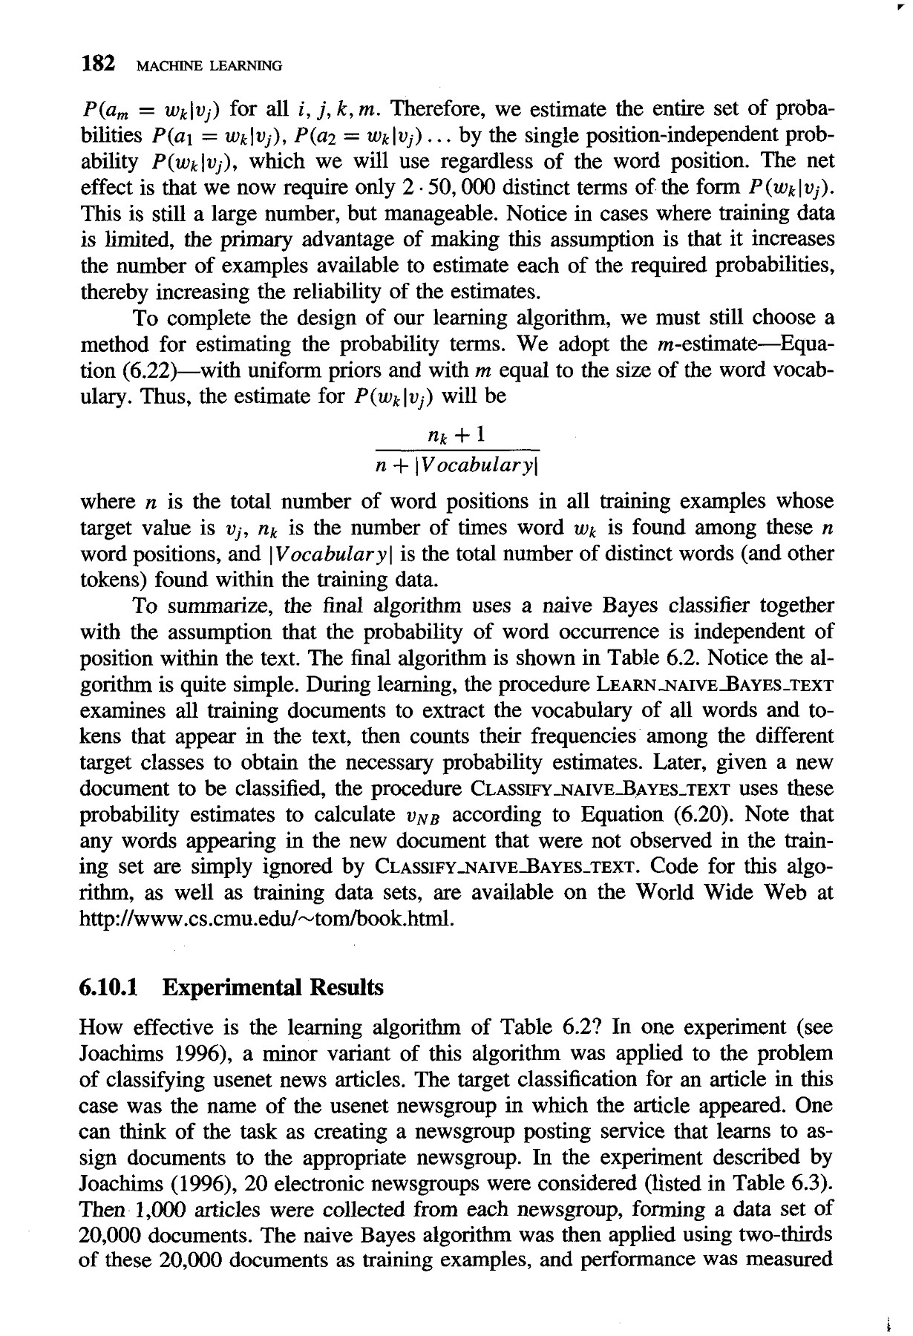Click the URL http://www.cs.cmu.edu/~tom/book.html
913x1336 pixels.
tap(264, 920)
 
